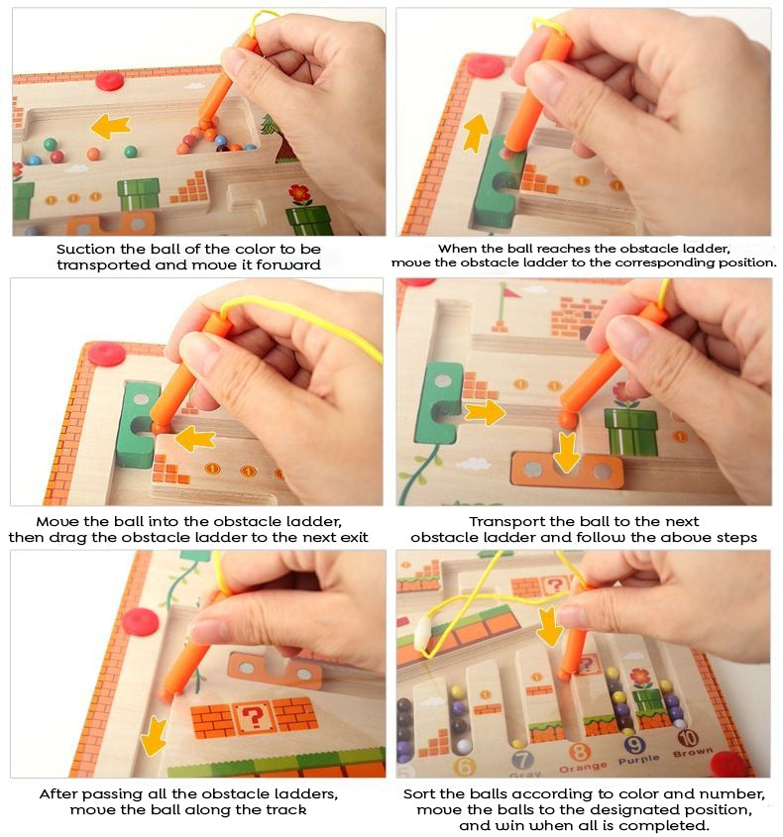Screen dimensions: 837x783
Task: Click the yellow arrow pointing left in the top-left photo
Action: pos(110,125)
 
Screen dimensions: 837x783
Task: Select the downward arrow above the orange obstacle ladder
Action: pos(568,452)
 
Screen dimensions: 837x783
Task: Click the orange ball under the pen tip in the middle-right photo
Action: pos(567,420)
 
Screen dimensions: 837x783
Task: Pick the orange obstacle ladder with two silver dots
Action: pos(567,471)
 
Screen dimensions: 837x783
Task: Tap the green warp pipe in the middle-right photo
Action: pos(631,432)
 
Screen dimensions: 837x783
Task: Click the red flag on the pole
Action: pos(509,291)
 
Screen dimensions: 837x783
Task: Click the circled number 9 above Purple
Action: pos(635,746)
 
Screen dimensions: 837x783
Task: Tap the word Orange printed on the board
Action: pos(583,768)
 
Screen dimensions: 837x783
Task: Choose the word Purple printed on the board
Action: pos(639,761)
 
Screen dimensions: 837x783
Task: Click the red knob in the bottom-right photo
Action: pos(729,763)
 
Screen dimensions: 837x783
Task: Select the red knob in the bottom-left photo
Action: pos(141,621)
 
